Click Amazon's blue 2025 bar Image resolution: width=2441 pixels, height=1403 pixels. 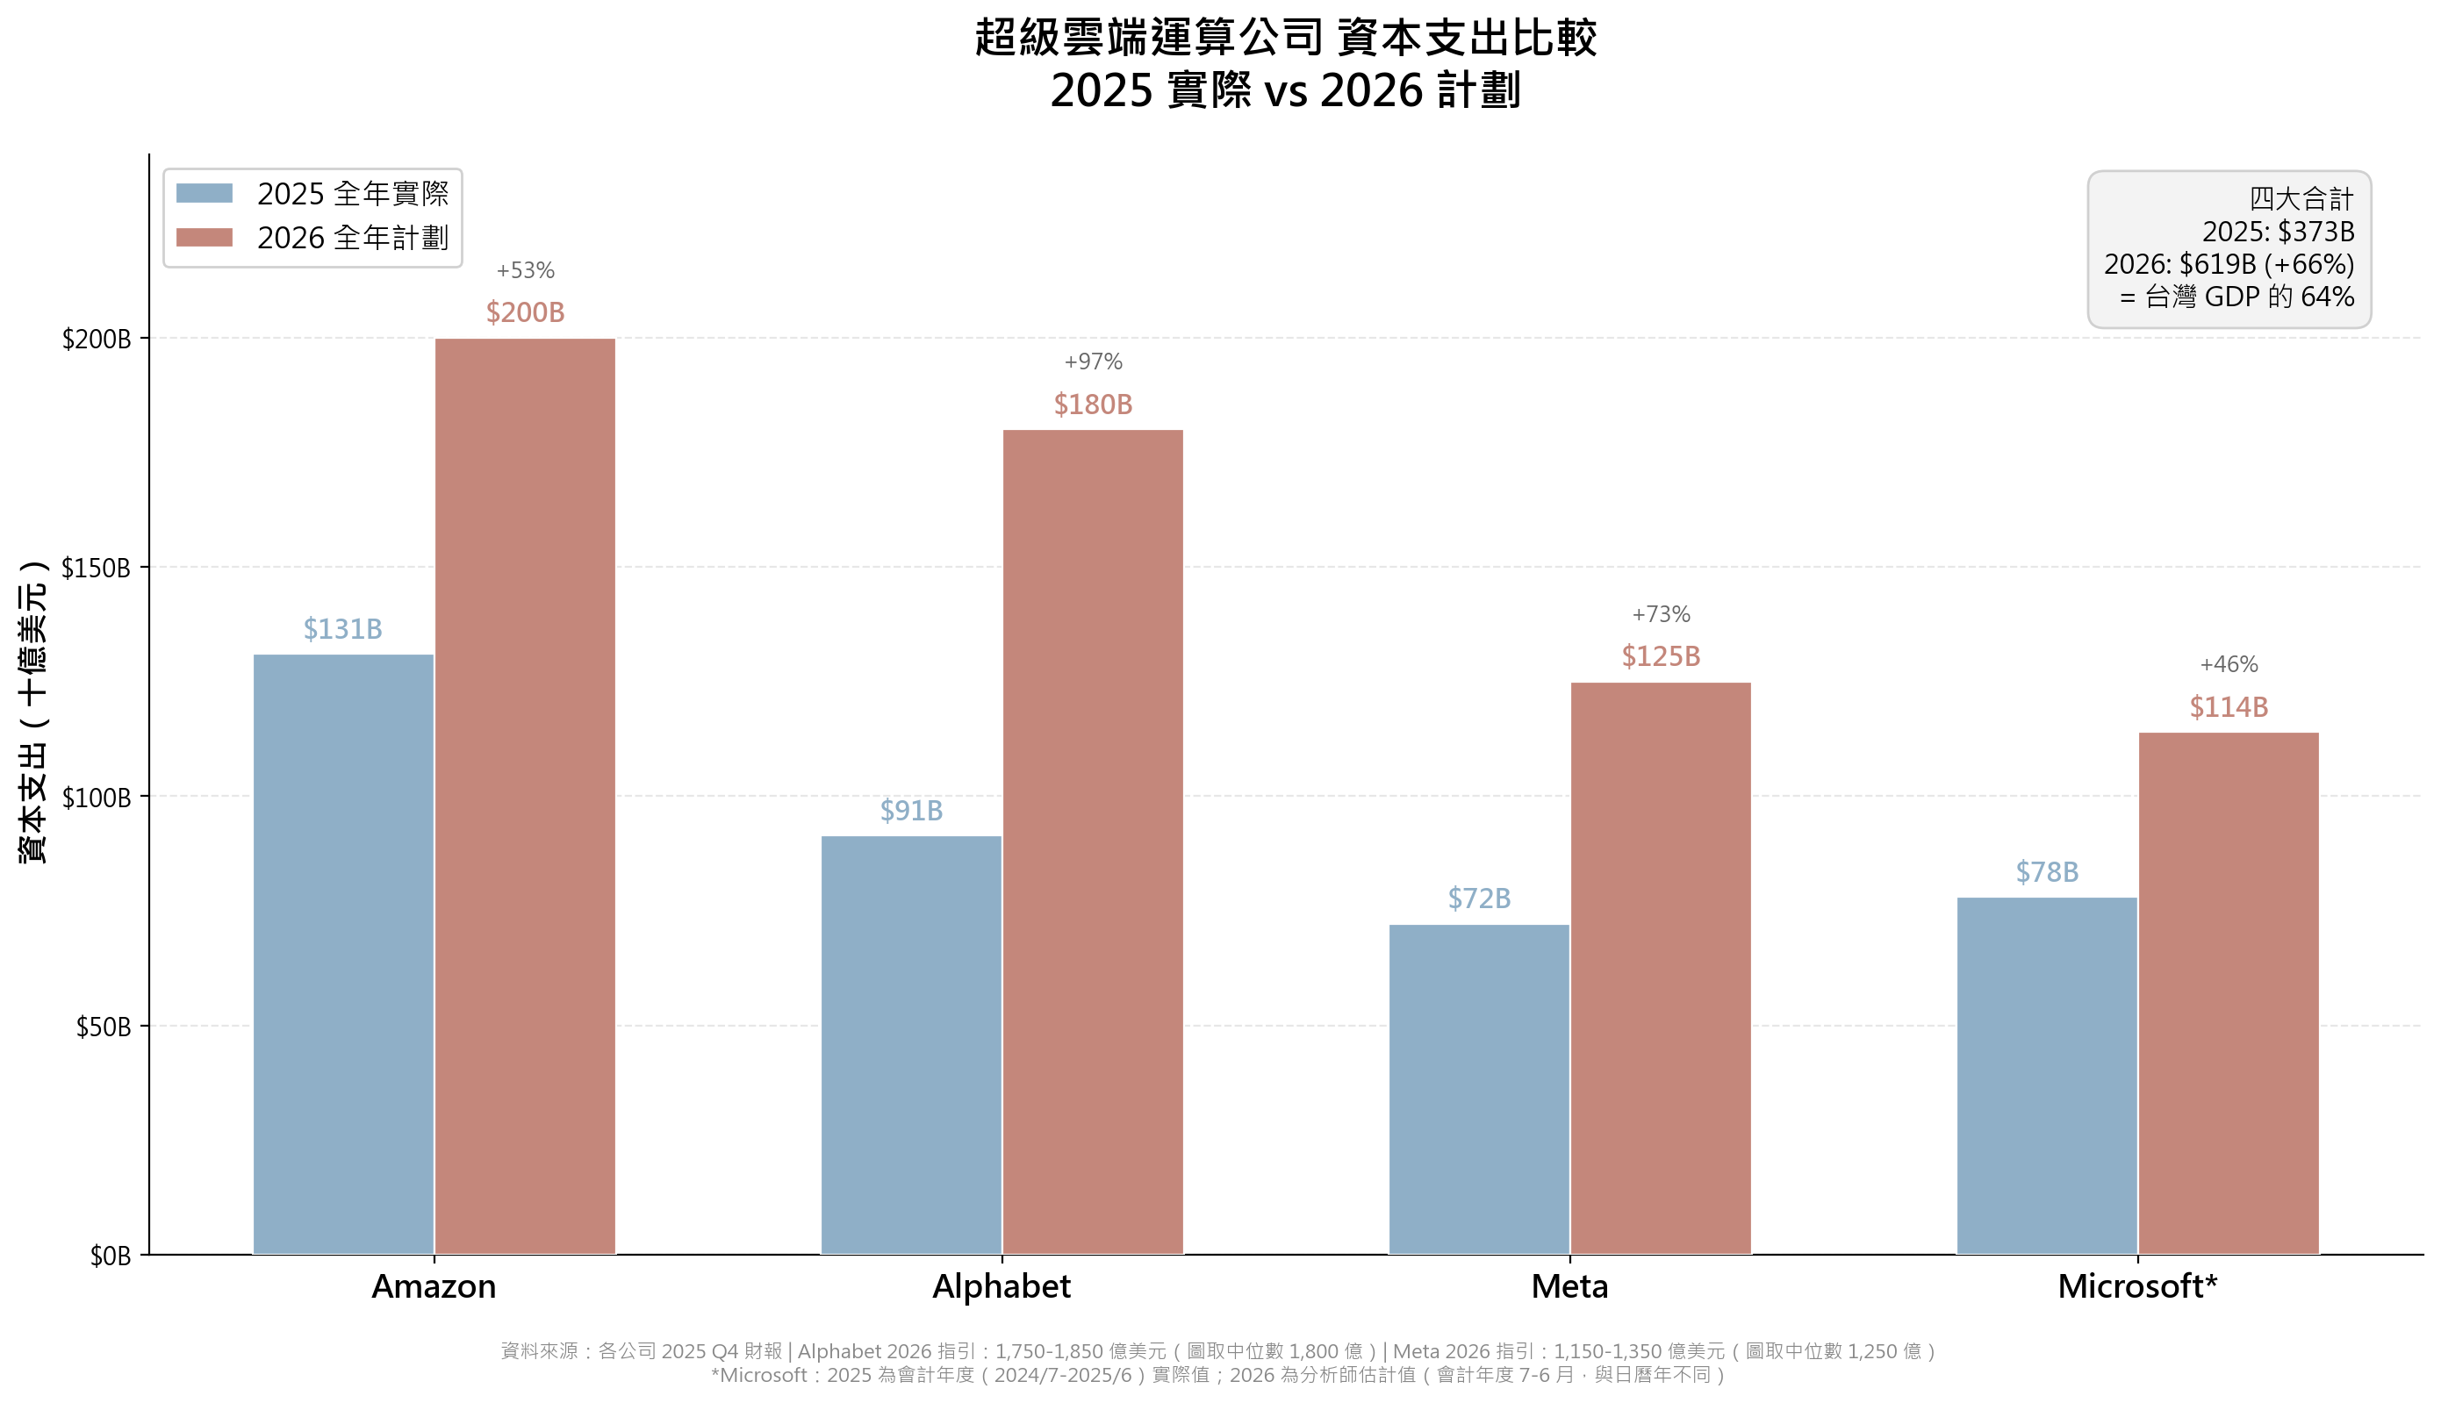[343, 954]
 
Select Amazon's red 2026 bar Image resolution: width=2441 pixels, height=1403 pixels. [525, 796]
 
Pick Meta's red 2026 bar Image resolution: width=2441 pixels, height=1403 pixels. [1661, 968]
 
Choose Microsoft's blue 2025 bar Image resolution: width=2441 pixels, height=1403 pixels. [2047, 1076]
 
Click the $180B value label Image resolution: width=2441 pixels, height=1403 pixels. [1093, 404]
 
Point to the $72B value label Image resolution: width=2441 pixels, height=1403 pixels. [1478, 899]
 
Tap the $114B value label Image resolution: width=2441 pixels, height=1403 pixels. [2228, 707]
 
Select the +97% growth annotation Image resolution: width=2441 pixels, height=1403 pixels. [1093, 362]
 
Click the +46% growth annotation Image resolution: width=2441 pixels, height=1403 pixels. [2228, 665]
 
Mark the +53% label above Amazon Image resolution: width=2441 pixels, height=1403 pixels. [525, 271]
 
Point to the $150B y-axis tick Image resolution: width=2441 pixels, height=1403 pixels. [97, 568]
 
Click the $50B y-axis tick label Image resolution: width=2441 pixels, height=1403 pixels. [103, 1027]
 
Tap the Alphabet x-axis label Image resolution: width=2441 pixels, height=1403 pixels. [1002, 1286]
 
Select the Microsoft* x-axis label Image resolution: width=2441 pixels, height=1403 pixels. [2137, 1286]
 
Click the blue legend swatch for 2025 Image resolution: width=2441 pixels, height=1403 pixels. [205, 194]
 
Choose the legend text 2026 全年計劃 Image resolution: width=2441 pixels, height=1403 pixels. [353, 238]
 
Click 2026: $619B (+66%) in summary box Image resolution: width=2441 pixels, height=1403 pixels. [2228, 264]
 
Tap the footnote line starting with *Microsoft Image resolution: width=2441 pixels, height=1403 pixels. [1218, 1375]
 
